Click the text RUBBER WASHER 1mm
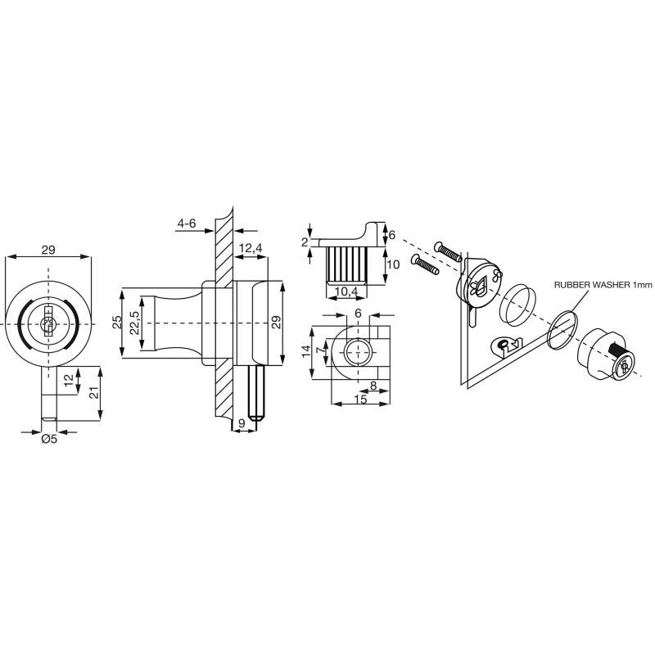[603, 285]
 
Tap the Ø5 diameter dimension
[49, 439]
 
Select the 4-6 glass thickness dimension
[187, 224]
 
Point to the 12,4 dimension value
[251, 248]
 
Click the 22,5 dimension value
[134, 323]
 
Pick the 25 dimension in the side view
[117, 323]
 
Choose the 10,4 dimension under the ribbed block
[346, 291]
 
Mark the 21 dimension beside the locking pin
[94, 393]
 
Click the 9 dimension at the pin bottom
[242, 422]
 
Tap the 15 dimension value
[360, 399]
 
